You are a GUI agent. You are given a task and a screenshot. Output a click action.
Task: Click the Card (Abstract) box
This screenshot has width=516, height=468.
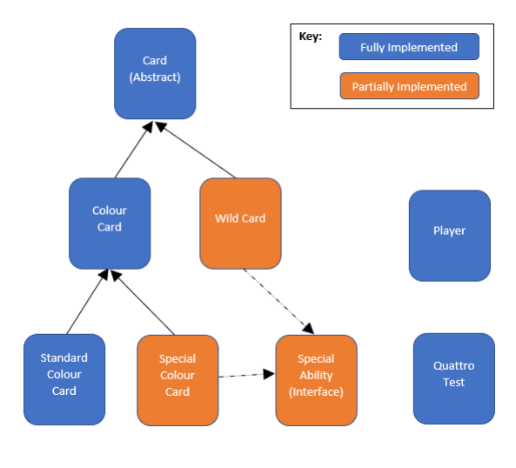155,74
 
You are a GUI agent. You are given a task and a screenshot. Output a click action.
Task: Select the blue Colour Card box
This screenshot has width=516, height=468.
110,224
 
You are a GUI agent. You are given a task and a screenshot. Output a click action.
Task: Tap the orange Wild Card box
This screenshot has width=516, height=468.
240,224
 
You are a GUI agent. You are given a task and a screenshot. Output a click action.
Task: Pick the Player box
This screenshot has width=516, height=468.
449,236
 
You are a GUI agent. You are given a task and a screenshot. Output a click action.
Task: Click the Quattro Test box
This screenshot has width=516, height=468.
453,378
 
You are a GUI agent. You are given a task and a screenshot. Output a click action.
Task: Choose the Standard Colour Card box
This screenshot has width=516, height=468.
64,379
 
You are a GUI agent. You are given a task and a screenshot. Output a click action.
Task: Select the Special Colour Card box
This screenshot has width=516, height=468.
178,379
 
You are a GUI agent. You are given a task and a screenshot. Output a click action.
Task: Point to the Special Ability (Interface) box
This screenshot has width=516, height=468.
316,379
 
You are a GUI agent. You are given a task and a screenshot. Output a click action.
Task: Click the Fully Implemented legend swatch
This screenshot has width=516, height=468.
409,47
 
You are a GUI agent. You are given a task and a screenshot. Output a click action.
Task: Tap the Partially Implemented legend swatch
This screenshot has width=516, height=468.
409,86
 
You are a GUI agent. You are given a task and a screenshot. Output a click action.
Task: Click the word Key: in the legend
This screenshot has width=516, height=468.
311,37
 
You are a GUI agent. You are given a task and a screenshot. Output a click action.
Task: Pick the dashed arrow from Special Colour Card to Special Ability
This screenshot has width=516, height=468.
247,375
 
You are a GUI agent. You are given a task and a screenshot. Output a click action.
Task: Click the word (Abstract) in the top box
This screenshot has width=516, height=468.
155,77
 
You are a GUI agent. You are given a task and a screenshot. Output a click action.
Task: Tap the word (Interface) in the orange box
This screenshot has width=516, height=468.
316,392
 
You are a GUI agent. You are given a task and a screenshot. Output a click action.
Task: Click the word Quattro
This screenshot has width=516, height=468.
453,366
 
